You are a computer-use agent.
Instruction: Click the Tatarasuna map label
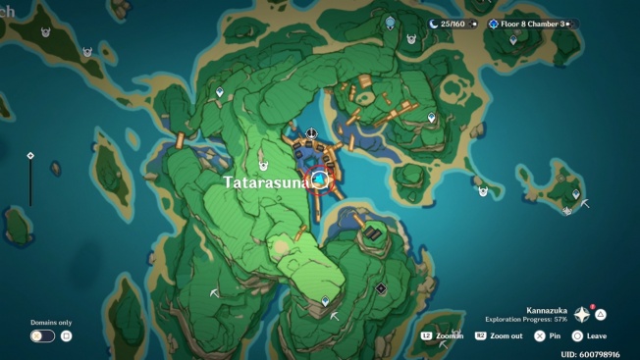(x=266, y=182)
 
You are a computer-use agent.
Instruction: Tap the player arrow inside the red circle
(x=319, y=180)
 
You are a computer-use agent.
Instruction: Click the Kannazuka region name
(x=546, y=311)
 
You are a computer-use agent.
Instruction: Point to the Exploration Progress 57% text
(x=527, y=320)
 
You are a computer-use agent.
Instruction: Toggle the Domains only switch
(x=42, y=335)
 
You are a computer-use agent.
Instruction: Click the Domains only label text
(x=51, y=322)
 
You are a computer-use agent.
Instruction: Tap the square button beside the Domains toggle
(x=67, y=335)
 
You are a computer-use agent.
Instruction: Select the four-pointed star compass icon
(x=582, y=315)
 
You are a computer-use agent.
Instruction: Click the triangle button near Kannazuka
(x=601, y=315)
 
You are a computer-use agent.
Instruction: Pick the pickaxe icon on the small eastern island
(x=585, y=204)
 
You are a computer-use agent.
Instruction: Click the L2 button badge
(x=426, y=335)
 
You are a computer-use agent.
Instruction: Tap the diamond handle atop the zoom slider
(x=30, y=155)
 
